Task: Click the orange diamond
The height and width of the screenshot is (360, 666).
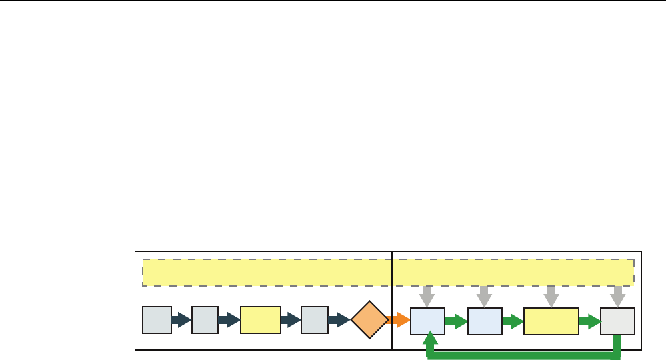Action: [369, 320]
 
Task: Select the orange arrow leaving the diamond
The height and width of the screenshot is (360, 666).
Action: [399, 320]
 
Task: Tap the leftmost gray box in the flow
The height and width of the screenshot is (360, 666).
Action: [157, 320]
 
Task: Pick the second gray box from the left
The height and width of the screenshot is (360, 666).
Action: [205, 320]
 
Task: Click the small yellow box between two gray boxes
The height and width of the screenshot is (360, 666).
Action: [260, 320]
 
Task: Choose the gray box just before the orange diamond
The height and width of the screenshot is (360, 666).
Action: [314, 320]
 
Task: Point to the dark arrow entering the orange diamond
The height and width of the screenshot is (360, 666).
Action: [339, 320]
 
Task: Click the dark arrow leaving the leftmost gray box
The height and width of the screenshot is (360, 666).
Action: [181, 320]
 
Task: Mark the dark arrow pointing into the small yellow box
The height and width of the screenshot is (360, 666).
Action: [229, 320]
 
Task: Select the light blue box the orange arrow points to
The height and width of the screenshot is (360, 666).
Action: [427, 321]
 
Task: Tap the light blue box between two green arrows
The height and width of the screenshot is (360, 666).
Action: [485, 321]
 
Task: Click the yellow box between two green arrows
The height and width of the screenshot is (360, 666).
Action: [551, 321]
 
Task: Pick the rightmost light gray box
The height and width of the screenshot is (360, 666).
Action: [617, 321]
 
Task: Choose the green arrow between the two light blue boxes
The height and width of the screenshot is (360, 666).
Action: [456, 321]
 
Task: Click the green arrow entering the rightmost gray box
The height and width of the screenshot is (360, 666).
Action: [589, 321]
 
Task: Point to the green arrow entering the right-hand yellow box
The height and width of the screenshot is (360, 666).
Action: [513, 321]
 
